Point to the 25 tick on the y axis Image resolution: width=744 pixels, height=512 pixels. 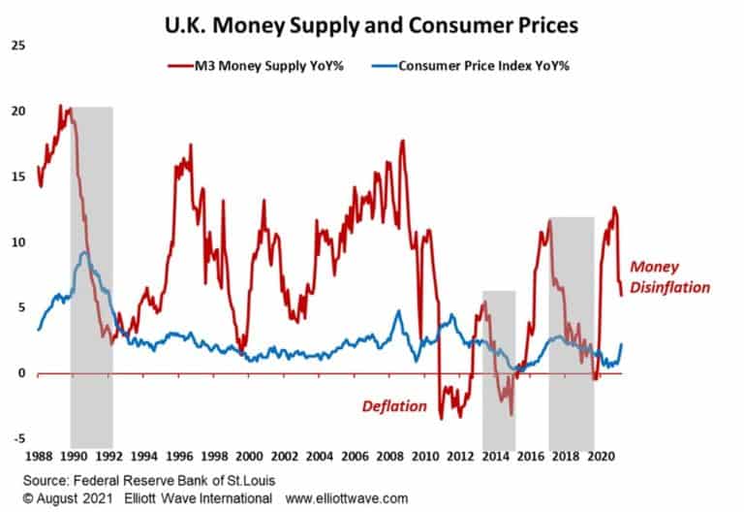point(18,46)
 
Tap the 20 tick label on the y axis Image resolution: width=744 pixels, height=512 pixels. point(18,111)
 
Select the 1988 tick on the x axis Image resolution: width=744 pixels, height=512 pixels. point(39,454)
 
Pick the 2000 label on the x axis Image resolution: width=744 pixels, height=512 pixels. point(250,454)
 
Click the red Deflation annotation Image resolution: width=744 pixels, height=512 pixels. point(394,406)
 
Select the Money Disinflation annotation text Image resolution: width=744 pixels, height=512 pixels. point(669,277)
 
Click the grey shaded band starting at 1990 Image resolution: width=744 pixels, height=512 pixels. point(91,272)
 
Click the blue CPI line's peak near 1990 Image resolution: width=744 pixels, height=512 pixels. point(85,253)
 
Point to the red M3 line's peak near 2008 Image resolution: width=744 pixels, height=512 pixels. point(403,142)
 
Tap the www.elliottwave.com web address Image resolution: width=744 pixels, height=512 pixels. point(346,498)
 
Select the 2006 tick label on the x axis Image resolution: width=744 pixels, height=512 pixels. point(356,454)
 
